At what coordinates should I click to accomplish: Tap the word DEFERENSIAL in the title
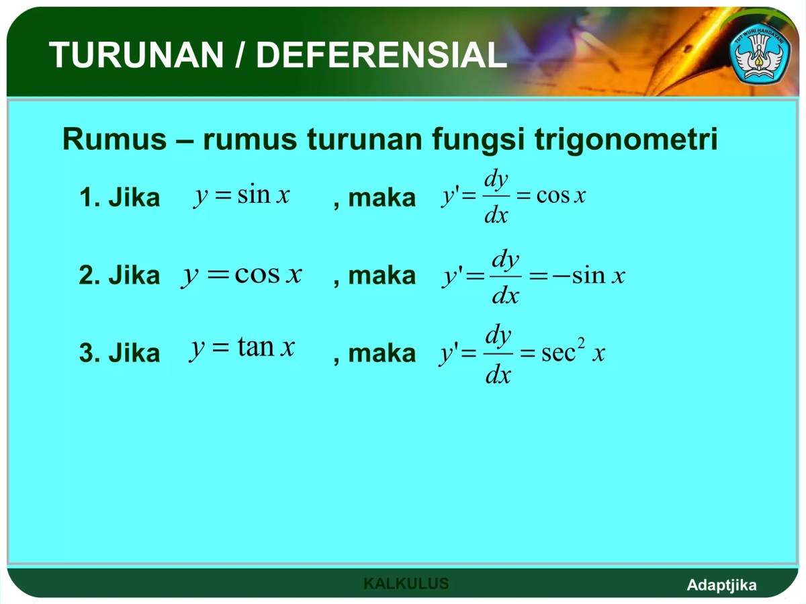[x=381, y=55]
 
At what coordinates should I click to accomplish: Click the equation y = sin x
[x=242, y=196]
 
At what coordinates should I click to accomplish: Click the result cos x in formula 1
[x=562, y=196]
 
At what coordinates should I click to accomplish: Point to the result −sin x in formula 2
[x=589, y=275]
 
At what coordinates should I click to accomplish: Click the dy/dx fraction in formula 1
[x=496, y=197]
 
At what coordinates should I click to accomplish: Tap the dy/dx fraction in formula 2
[x=505, y=276]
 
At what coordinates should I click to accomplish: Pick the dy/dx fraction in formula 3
[x=498, y=354]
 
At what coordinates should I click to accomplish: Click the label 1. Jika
[x=120, y=198]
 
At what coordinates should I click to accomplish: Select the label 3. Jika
[x=120, y=353]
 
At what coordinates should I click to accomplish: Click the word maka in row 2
[x=382, y=275]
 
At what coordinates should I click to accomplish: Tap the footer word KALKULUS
[x=406, y=583]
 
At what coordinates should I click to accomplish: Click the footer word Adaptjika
[x=721, y=585]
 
